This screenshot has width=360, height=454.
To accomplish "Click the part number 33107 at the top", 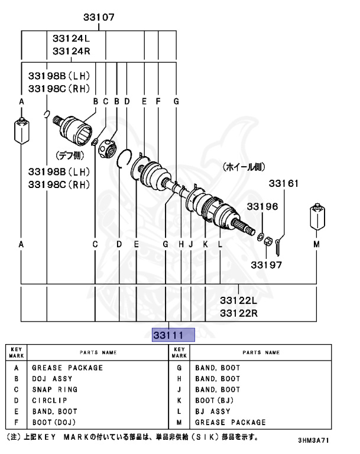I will point(99,18).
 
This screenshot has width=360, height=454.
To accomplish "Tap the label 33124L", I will point(70,38).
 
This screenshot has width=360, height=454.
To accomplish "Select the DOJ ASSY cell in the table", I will point(52,378).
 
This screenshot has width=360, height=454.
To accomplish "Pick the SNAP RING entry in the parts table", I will point(54,390).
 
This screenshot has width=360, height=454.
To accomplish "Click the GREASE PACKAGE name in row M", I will point(230,422).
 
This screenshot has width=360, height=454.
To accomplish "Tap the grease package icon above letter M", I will point(319,219).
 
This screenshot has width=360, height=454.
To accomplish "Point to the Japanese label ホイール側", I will point(244,167).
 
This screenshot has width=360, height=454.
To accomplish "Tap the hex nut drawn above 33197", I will point(266,241).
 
